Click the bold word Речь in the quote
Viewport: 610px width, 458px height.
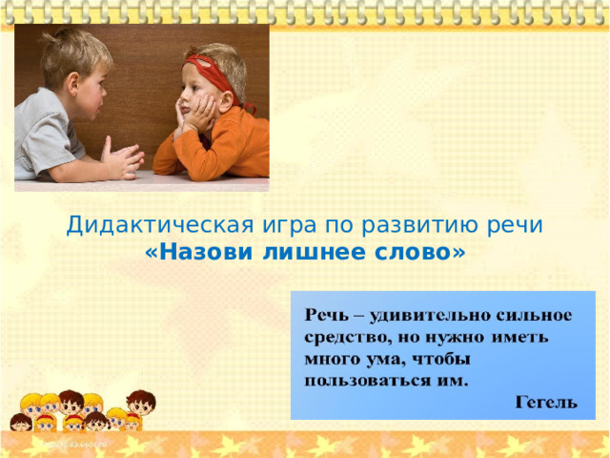[326, 315]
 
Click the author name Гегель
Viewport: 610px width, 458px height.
[546, 405]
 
